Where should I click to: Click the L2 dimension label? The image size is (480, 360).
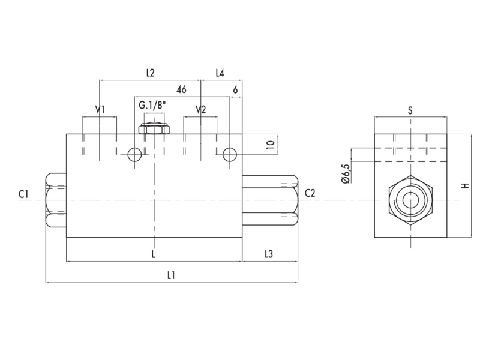point(151,73)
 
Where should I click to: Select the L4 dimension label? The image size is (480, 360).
point(220,73)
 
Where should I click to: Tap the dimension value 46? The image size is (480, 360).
point(181,89)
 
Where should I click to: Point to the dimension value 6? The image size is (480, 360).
point(235,89)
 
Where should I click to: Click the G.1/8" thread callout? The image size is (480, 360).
point(152,106)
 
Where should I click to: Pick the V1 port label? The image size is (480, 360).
point(100,109)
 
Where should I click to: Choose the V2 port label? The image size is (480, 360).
point(201,109)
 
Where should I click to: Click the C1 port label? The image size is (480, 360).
point(23,194)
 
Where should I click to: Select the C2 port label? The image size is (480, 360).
point(310,193)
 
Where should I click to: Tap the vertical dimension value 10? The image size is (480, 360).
point(271,144)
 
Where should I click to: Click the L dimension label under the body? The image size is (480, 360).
point(154,254)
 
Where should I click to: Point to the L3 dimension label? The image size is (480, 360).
point(268,254)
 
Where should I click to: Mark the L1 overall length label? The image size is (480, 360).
point(171,275)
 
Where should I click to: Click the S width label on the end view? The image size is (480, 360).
point(410,110)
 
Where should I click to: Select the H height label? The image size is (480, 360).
point(466,185)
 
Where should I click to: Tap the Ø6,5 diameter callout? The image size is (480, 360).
point(346,173)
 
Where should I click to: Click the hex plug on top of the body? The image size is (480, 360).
point(154,128)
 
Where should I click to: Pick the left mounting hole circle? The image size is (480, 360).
point(134,154)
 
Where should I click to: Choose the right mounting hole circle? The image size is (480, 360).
point(229,154)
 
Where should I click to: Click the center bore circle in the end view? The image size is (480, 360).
point(410,201)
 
